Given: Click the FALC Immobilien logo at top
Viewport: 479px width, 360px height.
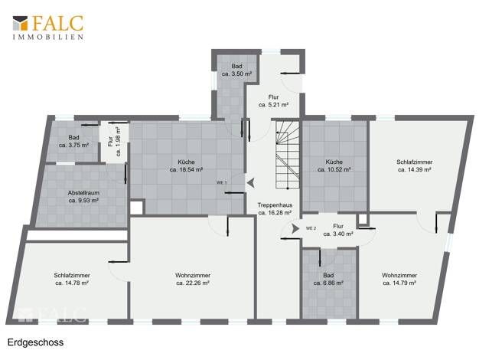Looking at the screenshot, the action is [x=48, y=28].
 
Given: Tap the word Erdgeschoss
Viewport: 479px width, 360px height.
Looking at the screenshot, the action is [x=35, y=342].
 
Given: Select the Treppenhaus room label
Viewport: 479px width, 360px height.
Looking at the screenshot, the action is [x=275, y=209].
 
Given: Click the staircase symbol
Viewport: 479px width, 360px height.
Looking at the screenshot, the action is [x=287, y=155].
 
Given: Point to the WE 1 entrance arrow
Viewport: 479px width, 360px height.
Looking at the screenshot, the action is [x=250, y=183].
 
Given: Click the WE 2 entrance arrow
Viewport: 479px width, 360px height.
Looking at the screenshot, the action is [x=295, y=228].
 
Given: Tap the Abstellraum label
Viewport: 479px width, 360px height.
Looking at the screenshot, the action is [x=83, y=197].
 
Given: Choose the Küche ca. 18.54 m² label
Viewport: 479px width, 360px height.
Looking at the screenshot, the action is [x=186, y=165].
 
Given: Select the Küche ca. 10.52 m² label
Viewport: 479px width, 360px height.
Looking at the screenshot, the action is [x=334, y=165].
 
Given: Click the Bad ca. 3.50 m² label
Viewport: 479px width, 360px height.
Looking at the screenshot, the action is [x=236, y=70].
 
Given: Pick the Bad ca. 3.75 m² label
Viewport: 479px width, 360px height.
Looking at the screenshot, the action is [x=73, y=141].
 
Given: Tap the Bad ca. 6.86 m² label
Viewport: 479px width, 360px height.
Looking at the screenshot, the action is [x=328, y=280].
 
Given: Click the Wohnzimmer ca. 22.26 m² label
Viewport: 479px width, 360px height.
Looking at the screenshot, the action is [x=193, y=280].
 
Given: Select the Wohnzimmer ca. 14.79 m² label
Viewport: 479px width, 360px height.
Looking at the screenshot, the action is [x=399, y=280].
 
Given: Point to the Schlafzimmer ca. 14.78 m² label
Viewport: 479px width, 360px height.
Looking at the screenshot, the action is [x=72, y=280].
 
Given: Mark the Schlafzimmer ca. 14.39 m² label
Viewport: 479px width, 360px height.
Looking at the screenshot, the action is [x=415, y=165].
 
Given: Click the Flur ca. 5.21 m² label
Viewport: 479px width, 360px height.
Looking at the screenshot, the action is [x=273, y=100].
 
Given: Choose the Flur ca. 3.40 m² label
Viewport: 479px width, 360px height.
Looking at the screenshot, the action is [x=338, y=230].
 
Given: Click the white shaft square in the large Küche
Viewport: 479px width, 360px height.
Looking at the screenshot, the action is [x=137, y=208].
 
